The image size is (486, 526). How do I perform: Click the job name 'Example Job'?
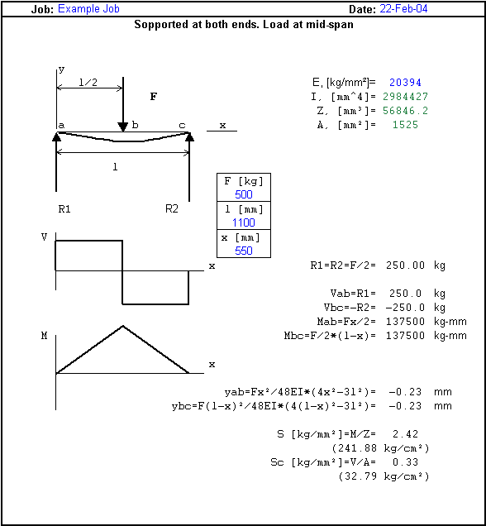88,9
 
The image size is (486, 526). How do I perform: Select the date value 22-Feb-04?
403,9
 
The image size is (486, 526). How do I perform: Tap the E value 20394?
405,83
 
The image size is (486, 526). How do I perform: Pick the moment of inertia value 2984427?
405,97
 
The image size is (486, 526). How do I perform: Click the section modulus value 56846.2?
405,111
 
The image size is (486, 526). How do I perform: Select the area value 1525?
405,125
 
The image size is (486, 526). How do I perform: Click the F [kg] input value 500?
244,194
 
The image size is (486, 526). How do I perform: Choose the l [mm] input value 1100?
244,222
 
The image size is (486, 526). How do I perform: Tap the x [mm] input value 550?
244,251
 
